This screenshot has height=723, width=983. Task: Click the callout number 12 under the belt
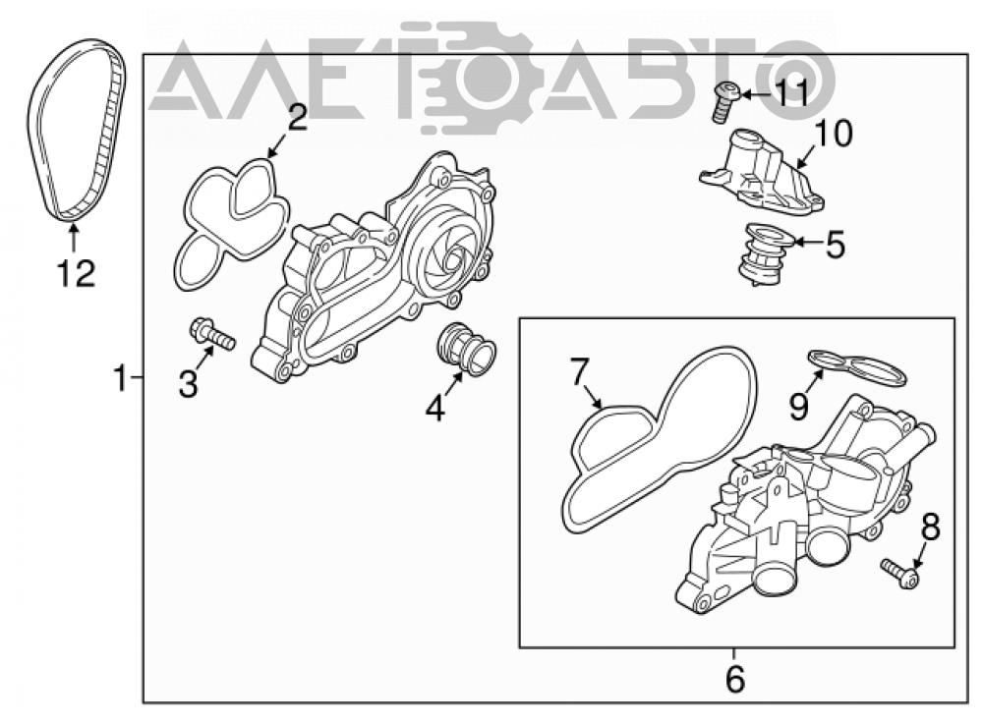point(77,274)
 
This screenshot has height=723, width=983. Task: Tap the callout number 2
point(297,118)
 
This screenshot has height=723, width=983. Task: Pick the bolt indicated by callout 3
point(212,334)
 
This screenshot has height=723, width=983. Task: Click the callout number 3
point(188,384)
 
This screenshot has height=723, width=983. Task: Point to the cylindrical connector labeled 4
point(466,351)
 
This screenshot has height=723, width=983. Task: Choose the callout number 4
point(435,409)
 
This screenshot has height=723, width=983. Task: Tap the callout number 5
point(836,245)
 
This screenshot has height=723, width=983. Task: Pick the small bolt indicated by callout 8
point(900,574)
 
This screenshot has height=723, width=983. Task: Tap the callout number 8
point(930,528)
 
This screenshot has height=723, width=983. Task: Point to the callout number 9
point(798,408)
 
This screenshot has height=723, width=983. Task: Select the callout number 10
point(834,134)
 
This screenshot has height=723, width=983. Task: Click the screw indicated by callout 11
point(726,101)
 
